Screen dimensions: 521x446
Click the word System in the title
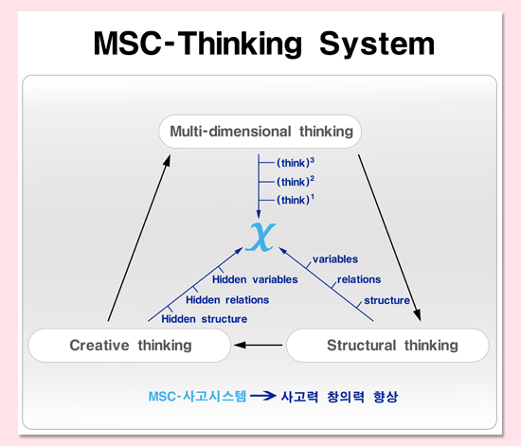point(377,45)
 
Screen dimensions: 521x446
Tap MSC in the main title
point(127,44)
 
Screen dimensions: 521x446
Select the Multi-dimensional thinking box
point(260,132)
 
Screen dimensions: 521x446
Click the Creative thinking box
point(130,346)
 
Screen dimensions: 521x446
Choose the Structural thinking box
point(387,346)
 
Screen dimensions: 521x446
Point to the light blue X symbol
point(260,237)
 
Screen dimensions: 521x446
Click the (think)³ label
point(296,163)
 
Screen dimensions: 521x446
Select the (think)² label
point(296,181)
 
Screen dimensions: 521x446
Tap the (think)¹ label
point(296,200)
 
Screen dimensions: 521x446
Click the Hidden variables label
point(255,279)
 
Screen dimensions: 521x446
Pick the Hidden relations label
point(227,300)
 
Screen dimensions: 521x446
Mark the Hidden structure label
point(204,319)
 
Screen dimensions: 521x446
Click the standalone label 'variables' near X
point(335,259)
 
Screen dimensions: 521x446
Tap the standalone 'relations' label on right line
point(359,279)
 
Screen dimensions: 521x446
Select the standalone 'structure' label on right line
point(386,300)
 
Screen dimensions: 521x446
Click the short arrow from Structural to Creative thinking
point(259,345)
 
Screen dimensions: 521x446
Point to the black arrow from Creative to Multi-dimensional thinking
point(139,238)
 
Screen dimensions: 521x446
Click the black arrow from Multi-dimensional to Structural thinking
point(389,238)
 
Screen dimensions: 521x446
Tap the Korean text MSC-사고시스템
point(197,396)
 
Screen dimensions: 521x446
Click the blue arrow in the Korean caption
point(262,396)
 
